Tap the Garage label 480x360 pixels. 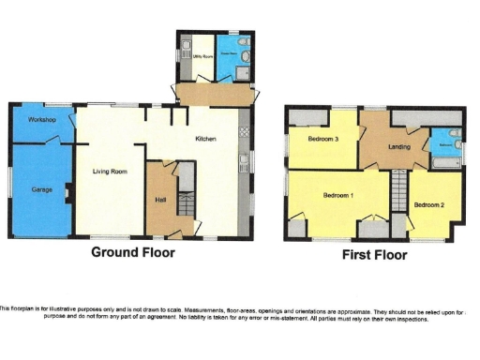(x=40, y=189)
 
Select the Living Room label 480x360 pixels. (x=110, y=172)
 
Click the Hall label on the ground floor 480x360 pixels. (x=159, y=199)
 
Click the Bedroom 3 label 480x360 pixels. (x=322, y=139)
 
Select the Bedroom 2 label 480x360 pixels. (x=428, y=204)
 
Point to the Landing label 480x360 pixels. (x=395, y=145)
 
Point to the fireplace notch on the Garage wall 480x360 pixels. (x=67, y=194)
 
